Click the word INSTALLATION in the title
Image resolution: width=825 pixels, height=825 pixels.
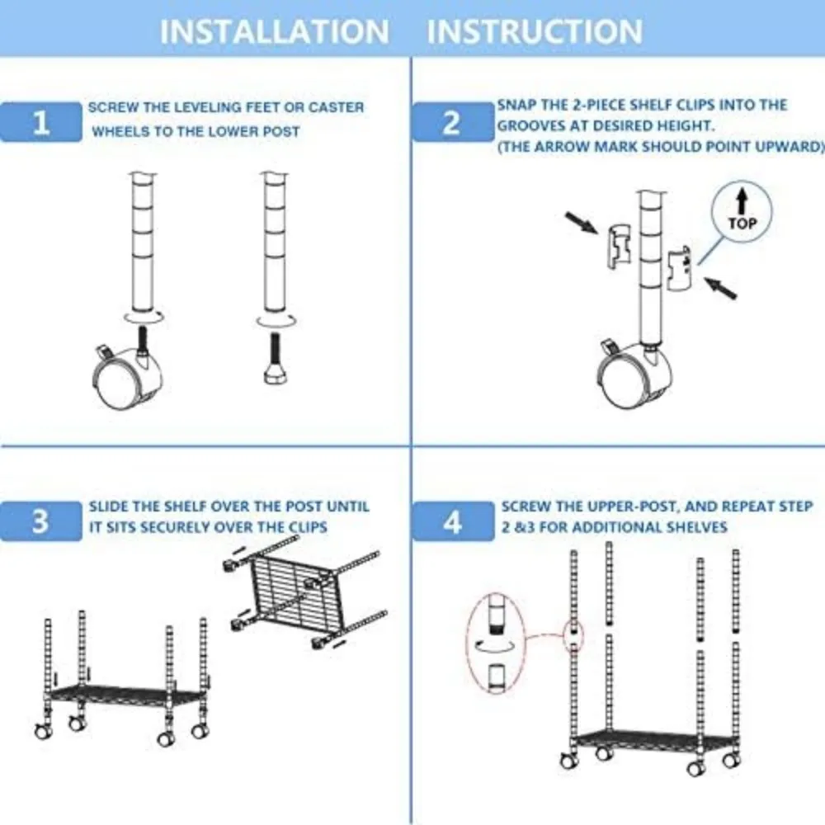click(x=274, y=31)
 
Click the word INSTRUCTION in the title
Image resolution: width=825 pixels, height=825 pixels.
click(x=535, y=31)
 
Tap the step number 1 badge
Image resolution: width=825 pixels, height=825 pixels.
click(x=40, y=123)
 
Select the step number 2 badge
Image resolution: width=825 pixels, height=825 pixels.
click(x=451, y=123)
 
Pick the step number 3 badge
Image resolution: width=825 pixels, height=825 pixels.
click(x=40, y=522)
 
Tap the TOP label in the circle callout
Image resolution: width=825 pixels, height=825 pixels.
click(x=742, y=223)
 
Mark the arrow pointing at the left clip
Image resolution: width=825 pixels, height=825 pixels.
click(x=581, y=222)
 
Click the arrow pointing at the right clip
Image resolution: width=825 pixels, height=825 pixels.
click(x=720, y=288)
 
